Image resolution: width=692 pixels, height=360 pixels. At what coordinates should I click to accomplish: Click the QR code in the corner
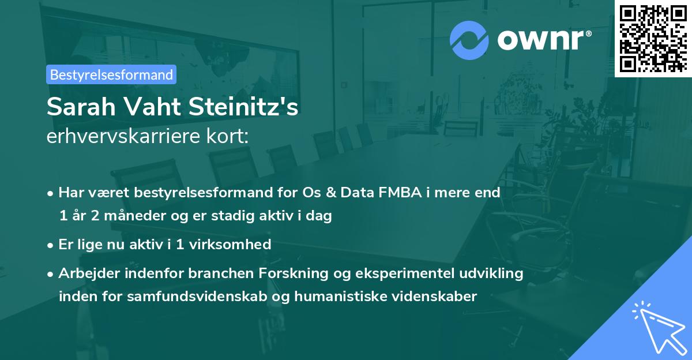[x=653, y=39]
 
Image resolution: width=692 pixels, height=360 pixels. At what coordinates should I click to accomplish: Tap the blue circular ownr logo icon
[x=469, y=40]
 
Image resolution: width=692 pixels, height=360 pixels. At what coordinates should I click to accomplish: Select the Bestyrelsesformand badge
[x=111, y=74]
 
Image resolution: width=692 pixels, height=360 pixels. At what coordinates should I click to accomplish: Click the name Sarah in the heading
[x=81, y=107]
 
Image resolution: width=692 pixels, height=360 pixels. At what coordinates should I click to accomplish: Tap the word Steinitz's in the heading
[x=243, y=107]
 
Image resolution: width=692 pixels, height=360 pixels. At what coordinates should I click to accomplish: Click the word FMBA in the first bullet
[x=400, y=192]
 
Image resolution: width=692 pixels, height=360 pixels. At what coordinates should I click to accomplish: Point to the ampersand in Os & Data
[x=331, y=192]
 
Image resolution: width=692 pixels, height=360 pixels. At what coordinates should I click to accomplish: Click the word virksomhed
[x=230, y=244]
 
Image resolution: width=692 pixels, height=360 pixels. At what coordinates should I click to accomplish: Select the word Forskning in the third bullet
[x=293, y=273]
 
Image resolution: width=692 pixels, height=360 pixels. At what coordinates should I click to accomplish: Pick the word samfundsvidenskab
[x=197, y=296]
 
